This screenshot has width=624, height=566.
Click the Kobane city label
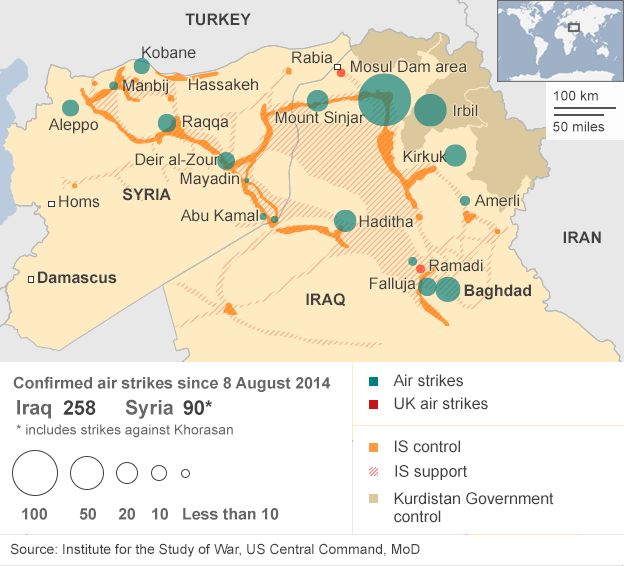coord(168,53)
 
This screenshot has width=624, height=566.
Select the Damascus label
coord(77,278)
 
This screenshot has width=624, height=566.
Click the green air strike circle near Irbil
coord(431,111)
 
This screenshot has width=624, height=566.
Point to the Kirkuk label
coord(423,157)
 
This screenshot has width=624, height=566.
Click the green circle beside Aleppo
coord(70,108)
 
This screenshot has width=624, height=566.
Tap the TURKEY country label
coord(218,19)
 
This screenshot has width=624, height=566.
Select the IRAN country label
coord(582,237)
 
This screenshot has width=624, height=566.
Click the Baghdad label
coord(497,290)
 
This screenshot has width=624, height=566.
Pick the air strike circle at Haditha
coord(345,221)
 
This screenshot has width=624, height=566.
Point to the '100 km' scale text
coord(576,95)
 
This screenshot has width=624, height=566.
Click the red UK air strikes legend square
coord(373,404)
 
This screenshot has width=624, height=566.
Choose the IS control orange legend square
coord(373,447)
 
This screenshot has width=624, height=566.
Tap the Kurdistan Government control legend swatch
coord(373,498)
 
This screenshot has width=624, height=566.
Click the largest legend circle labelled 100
coord(35,473)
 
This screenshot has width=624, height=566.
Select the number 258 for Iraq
coord(79,408)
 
